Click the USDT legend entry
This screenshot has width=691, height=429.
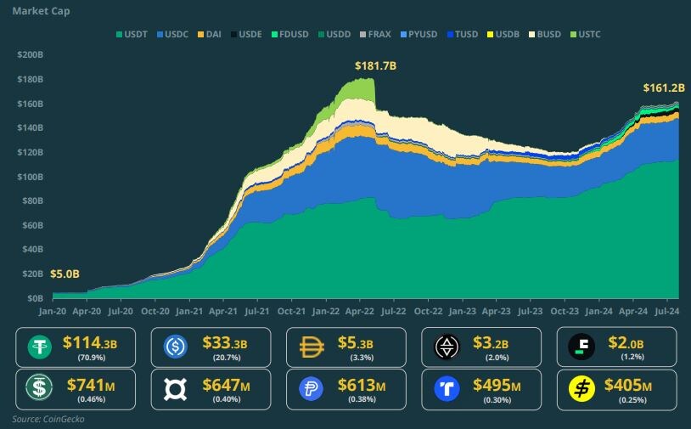point(133,34)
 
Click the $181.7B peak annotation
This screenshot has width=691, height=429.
point(375,65)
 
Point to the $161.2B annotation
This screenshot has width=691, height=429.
point(664,87)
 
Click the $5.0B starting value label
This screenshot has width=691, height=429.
point(65,274)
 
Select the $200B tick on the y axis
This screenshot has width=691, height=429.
point(30,54)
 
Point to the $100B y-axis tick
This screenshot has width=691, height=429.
point(30,177)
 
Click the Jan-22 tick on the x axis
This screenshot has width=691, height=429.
point(325,312)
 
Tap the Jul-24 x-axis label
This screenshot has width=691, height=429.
point(666,312)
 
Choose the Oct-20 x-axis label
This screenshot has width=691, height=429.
point(154,312)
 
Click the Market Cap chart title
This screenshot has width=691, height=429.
point(42,12)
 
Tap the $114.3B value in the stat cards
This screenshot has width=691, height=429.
point(88,343)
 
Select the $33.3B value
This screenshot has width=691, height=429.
point(224,343)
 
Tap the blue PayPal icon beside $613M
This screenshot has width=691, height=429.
point(312,389)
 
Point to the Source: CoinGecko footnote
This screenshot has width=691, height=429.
point(48,419)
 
